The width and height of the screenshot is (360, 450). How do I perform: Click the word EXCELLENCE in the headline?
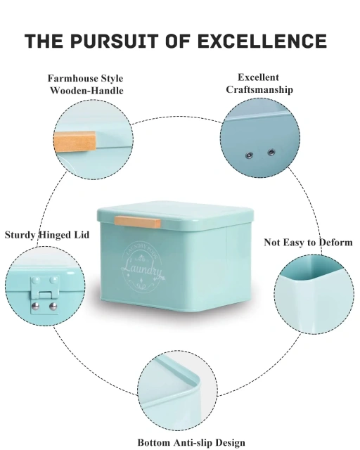pyautogui.click(x=274, y=41)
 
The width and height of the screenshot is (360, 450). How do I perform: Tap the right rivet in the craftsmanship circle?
pyautogui.click(x=271, y=151)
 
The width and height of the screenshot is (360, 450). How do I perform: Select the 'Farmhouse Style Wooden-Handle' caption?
pyautogui.click(x=86, y=84)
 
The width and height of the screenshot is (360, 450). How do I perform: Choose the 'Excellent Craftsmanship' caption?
pyautogui.click(x=259, y=84)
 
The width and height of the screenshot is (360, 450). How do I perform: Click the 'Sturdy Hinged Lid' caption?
pyautogui.click(x=47, y=235)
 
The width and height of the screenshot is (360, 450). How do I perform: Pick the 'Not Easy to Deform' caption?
pyautogui.click(x=308, y=243)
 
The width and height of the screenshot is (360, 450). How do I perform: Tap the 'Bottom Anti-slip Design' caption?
pyautogui.click(x=191, y=442)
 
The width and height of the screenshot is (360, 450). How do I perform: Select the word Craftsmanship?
pyautogui.click(x=259, y=90)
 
